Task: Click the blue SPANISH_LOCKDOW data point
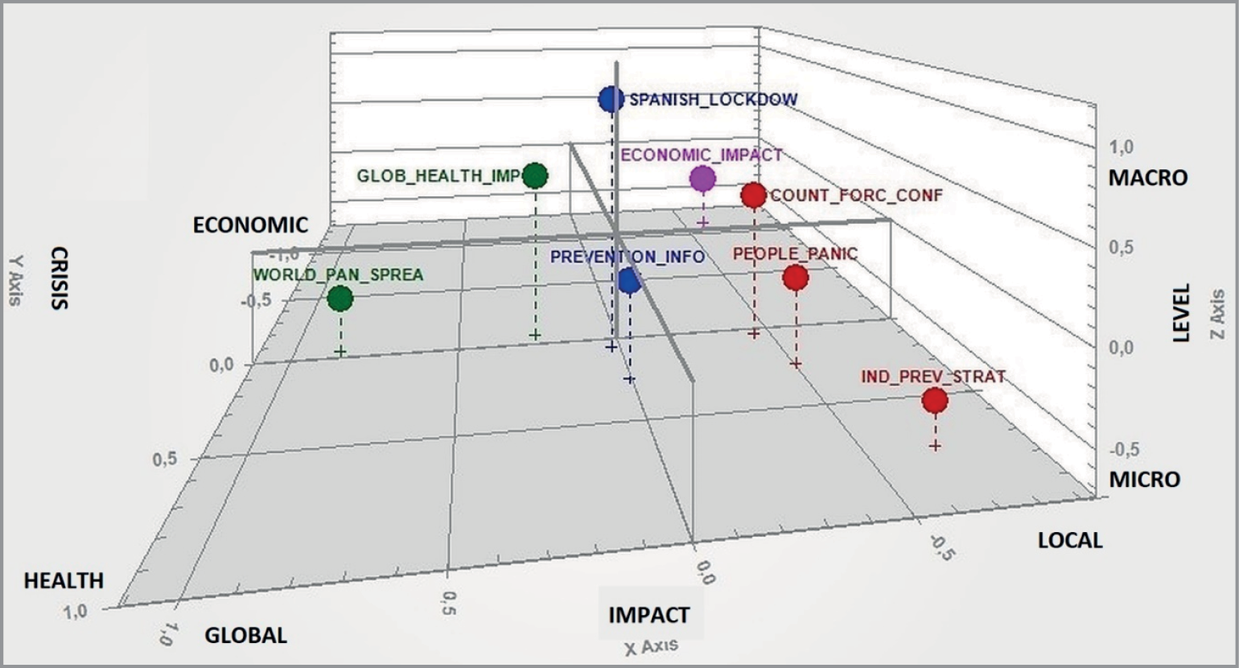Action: [x=611, y=99]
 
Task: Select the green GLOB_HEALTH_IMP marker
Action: [x=535, y=175]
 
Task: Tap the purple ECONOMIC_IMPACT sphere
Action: [x=702, y=179]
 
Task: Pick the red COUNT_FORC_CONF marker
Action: [x=753, y=195]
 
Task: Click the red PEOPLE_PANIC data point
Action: [x=796, y=278]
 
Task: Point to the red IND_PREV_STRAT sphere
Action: [x=934, y=400]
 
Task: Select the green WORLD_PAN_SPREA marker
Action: [x=340, y=299]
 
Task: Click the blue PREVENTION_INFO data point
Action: [x=629, y=281]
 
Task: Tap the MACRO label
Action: [x=1147, y=178]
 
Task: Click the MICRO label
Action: [x=1144, y=480]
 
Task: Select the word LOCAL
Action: [x=1069, y=540]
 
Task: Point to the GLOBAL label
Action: [x=245, y=635]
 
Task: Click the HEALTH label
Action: [x=64, y=580]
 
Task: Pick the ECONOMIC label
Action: [x=250, y=225]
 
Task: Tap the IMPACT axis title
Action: [x=648, y=615]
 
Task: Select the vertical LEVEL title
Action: [x=1180, y=312]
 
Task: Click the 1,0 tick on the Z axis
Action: [x=1121, y=147]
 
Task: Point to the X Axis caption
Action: [x=651, y=646]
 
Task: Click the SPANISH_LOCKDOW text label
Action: [x=713, y=100]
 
